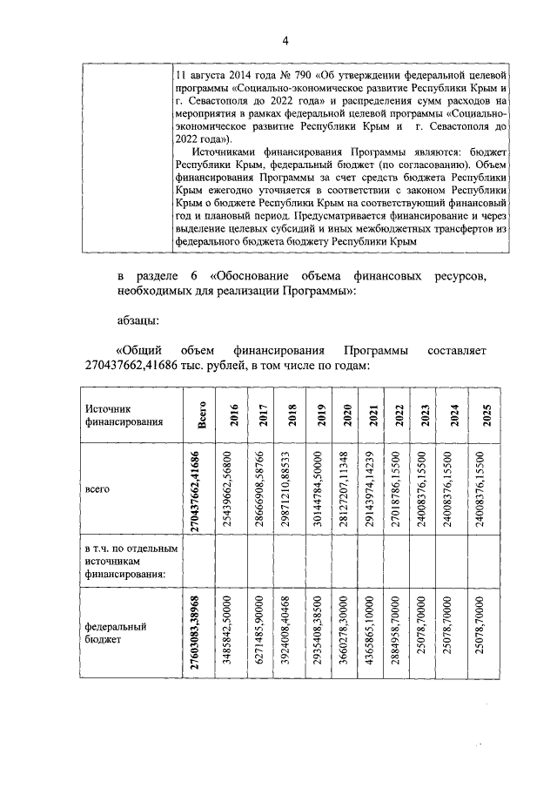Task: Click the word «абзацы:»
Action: point(138,320)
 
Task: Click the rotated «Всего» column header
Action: point(201,414)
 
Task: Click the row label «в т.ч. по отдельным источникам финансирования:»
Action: point(129,562)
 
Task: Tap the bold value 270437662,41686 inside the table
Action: point(201,490)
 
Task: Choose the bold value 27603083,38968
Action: point(201,635)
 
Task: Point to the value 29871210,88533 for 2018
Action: point(289,490)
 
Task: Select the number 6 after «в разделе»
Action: point(194,276)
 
